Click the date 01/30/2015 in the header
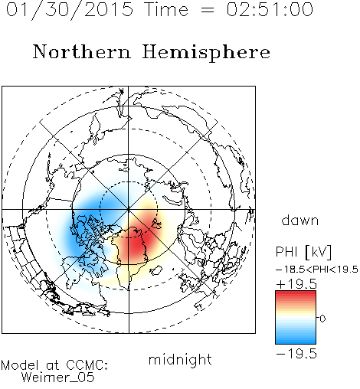click(70, 10)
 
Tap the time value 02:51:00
click(270, 9)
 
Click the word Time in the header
click(166, 9)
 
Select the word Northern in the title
click(81, 52)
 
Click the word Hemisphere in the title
click(206, 53)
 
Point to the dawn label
click(300, 220)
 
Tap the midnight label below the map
click(180, 359)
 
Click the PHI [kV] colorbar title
click(303, 252)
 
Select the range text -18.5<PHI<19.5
click(317, 270)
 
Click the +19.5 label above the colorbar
click(296, 284)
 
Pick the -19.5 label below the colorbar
click(296, 354)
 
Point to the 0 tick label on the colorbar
click(322, 319)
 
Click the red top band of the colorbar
click(296, 294)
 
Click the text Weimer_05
click(58, 378)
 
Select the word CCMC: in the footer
click(87, 364)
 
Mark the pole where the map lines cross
click(129, 209)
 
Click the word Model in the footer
click(20, 364)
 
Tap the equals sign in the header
click(207, 10)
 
